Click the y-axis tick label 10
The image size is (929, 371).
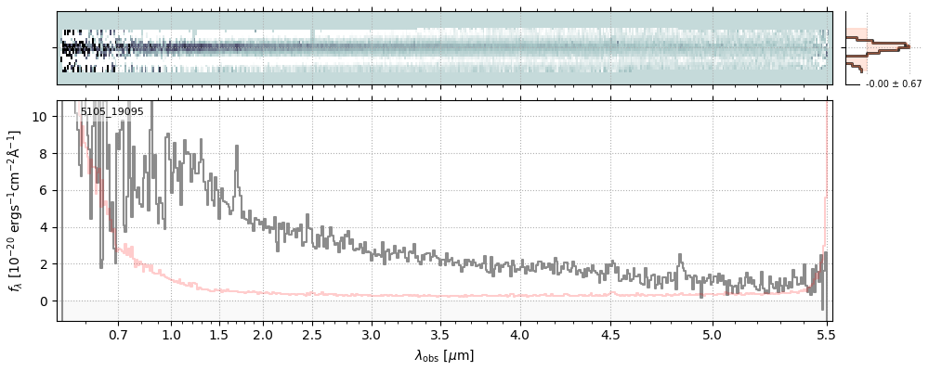pos(42,117)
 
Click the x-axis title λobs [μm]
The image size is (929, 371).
pos(444,355)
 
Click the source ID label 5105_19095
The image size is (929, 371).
pos(111,111)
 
